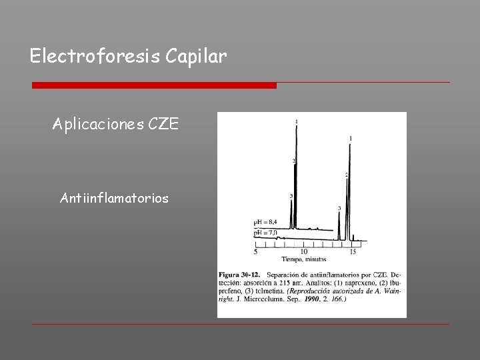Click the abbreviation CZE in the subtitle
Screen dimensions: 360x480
[163, 125]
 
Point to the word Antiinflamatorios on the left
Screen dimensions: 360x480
[114, 198]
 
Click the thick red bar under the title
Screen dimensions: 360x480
[154, 85]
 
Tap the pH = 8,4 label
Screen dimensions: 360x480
[265, 222]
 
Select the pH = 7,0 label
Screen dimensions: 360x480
[265, 233]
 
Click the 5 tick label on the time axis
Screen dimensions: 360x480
[255, 251]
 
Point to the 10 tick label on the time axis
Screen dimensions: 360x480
[303, 251]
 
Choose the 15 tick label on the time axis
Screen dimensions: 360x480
[353, 251]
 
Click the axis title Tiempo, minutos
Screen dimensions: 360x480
[304, 259]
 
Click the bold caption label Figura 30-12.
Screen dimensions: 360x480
[240, 275]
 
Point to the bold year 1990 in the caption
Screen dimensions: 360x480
[315, 299]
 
